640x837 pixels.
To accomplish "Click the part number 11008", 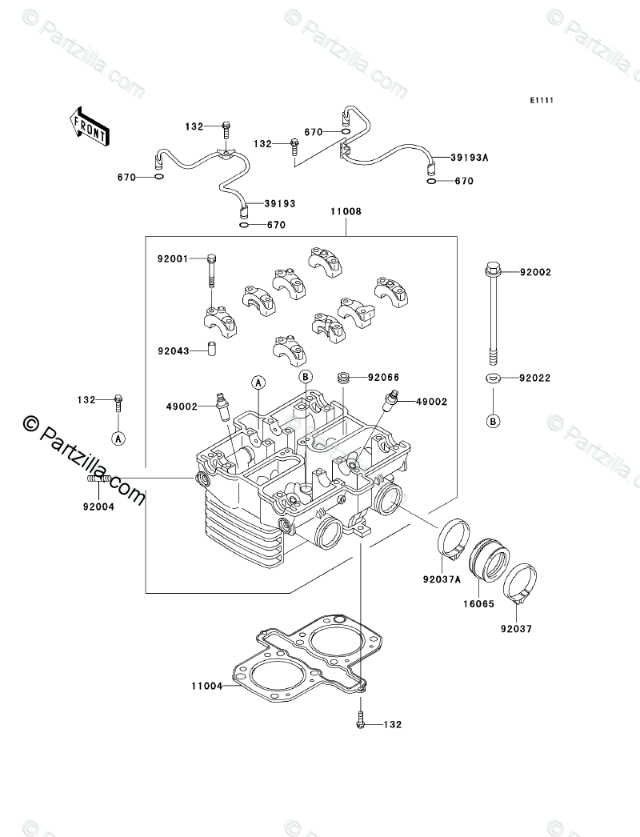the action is point(346,211).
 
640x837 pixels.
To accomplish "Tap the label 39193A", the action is point(469,158).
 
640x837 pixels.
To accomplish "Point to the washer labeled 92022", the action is point(493,378).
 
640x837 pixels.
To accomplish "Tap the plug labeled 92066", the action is point(346,378).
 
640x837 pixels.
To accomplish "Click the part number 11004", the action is point(206,686).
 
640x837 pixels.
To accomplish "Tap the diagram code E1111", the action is point(542,100).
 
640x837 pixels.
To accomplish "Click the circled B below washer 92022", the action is point(494,421).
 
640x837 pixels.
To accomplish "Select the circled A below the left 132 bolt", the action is point(118,439).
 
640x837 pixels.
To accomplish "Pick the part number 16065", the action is point(478,604).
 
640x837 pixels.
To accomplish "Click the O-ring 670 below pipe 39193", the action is point(245,226).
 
